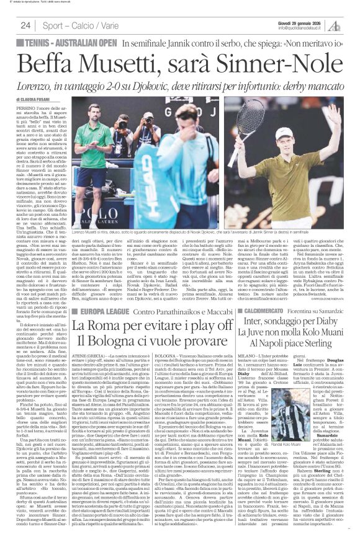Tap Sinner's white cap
[302, 134]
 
